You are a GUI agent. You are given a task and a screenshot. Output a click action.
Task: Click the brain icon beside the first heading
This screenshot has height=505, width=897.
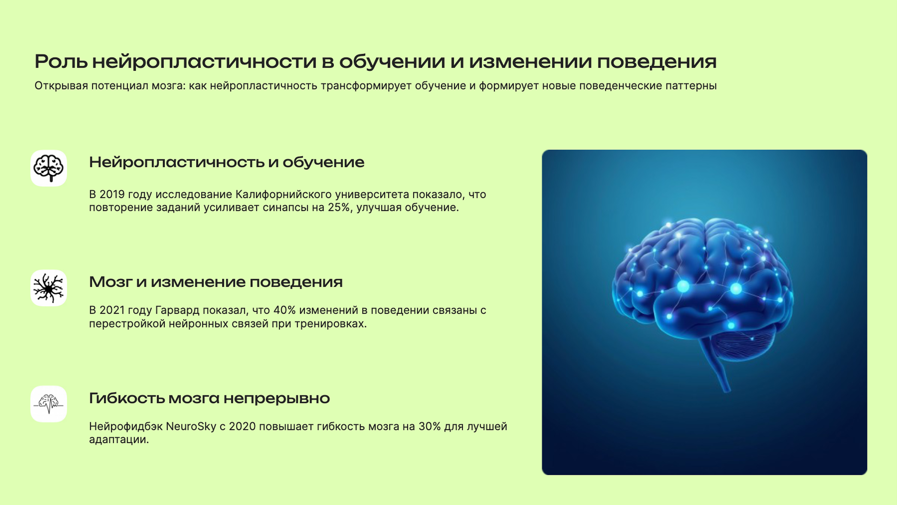(x=48, y=168)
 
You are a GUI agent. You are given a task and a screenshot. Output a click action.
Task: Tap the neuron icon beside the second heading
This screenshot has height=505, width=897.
(x=48, y=288)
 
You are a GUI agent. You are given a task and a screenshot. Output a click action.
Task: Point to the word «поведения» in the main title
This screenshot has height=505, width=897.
(x=657, y=62)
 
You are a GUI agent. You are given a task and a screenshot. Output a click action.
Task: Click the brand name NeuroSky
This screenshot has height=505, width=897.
(x=191, y=426)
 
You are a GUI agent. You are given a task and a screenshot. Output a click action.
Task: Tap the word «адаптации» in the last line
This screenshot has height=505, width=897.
(x=119, y=440)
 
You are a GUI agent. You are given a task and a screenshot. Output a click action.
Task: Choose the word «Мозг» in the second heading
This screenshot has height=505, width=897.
(x=111, y=282)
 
